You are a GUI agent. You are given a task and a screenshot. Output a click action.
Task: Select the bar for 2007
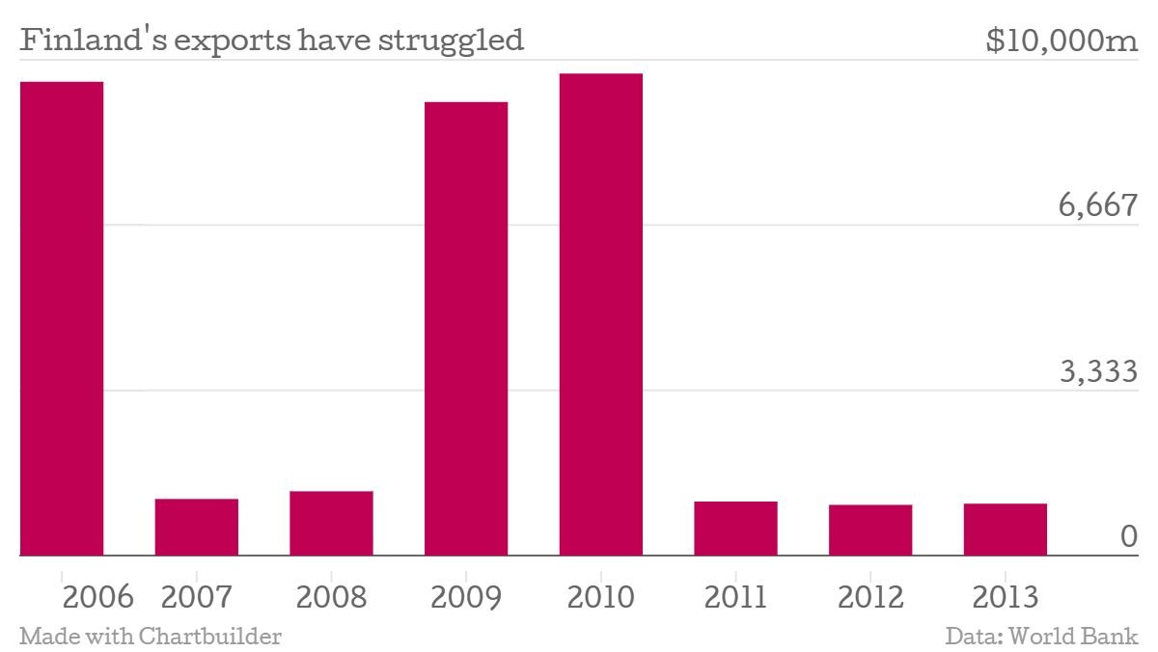(196, 527)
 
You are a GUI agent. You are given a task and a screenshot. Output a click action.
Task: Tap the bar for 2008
(331, 523)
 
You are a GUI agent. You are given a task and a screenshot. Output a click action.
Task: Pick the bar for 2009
(466, 328)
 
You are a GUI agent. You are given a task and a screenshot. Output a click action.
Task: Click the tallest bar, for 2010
(600, 314)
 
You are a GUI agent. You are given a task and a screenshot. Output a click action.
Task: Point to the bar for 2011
(735, 529)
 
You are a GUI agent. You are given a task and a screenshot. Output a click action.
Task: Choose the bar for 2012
(870, 530)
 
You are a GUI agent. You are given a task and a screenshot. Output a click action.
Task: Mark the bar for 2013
(1005, 530)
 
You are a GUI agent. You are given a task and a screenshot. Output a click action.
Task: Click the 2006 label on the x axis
(97, 597)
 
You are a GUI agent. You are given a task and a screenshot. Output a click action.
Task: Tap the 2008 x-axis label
(331, 597)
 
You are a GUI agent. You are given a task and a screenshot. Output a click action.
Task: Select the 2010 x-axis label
(600, 597)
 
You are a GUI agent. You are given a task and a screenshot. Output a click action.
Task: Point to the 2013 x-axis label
(1005, 597)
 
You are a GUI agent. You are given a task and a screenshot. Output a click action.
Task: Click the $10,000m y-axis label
(1062, 41)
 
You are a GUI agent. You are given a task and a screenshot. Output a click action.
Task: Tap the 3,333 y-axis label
(1098, 370)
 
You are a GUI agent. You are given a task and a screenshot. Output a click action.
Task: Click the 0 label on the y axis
(1129, 536)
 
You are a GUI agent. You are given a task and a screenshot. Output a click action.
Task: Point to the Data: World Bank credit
(1042, 637)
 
